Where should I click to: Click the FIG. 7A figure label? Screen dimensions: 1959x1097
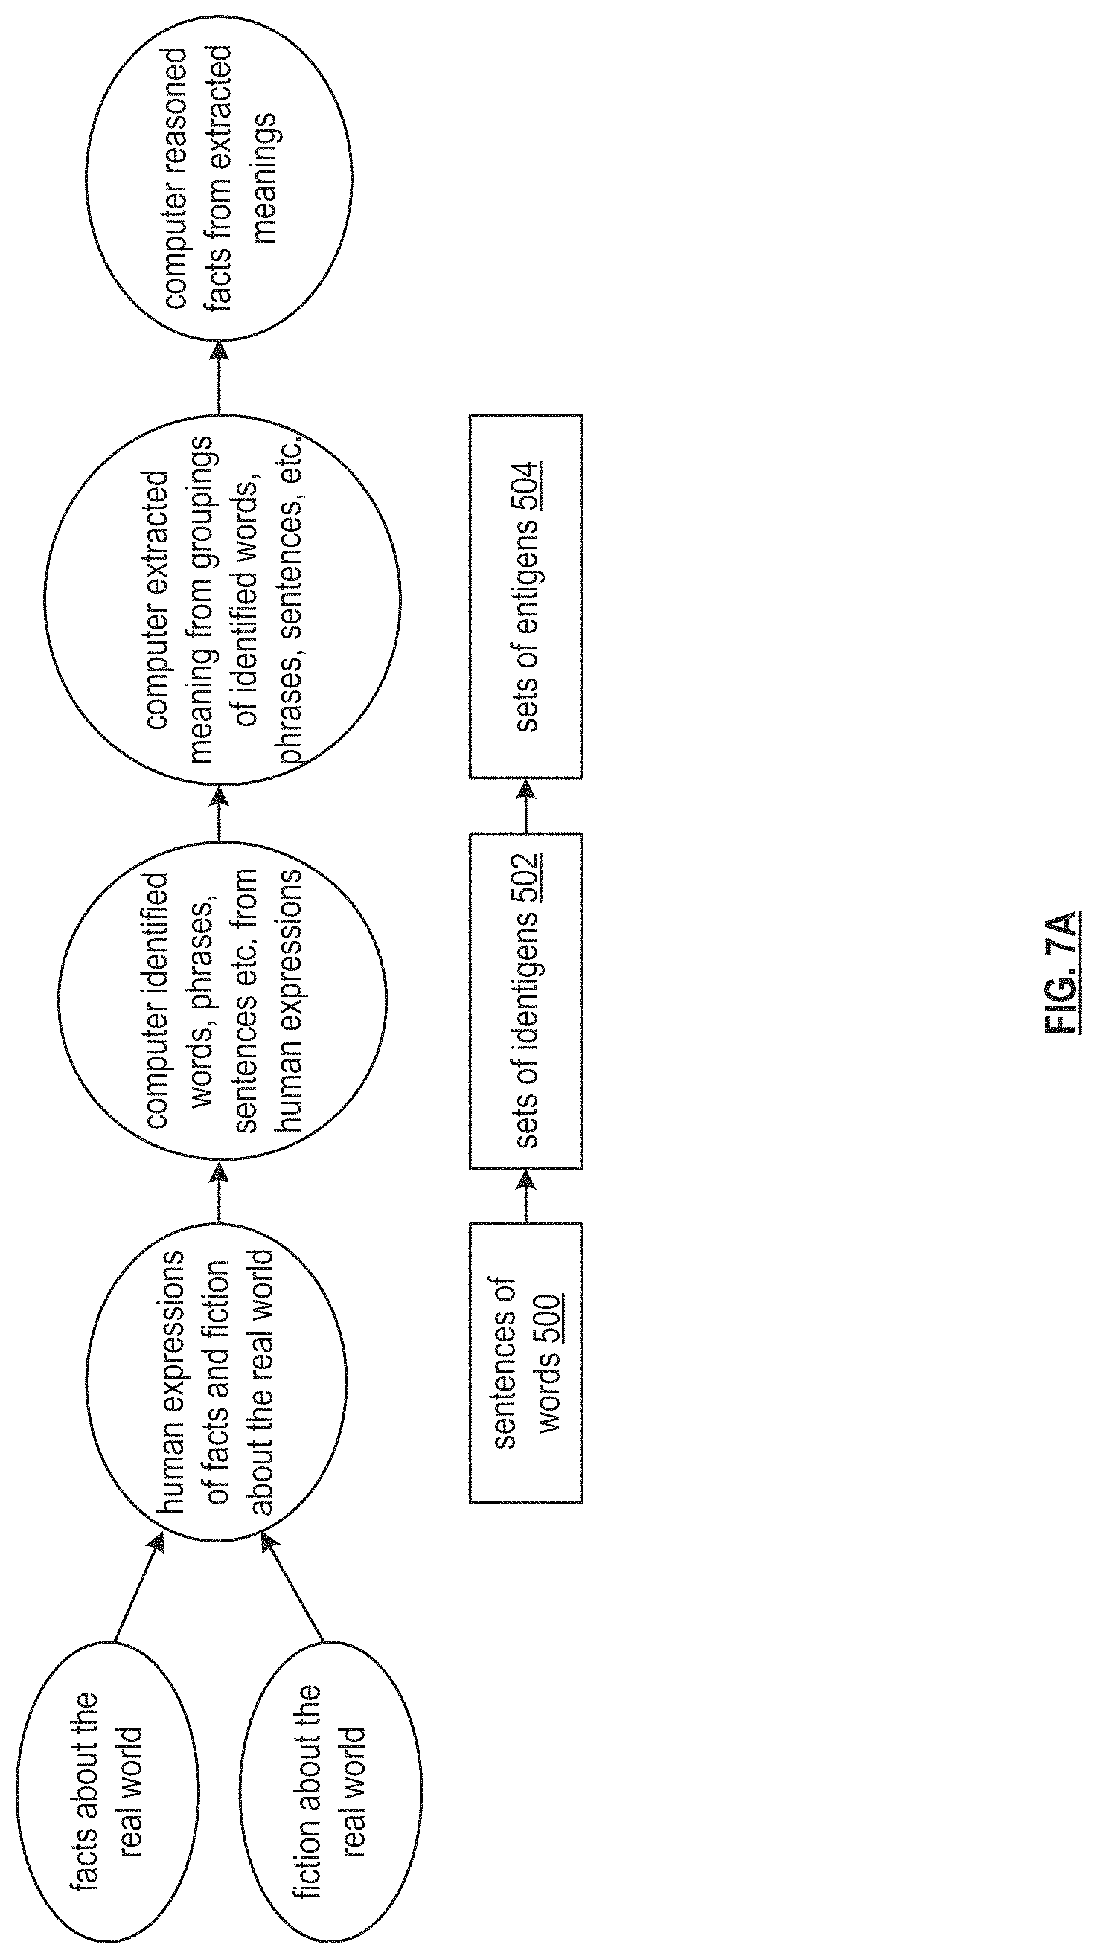tap(1062, 972)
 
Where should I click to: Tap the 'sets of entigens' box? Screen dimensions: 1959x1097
tap(525, 596)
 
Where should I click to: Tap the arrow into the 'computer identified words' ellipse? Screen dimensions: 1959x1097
tap(219, 1190)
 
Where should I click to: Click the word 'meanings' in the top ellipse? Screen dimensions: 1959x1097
tap(266, 179)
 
